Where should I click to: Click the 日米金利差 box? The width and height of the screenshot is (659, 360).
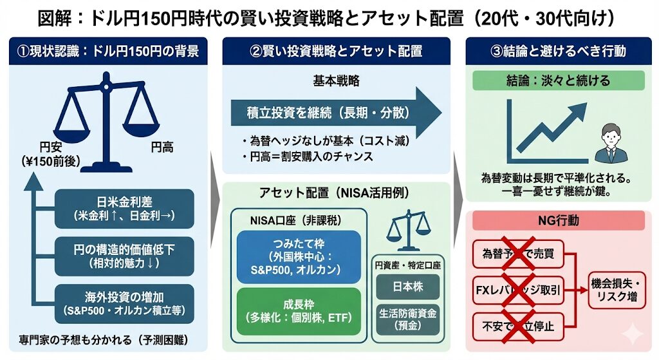125,208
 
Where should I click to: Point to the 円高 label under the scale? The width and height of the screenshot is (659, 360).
162,148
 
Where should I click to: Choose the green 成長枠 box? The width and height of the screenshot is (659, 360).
299,311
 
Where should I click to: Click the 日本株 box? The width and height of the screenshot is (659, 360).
407,286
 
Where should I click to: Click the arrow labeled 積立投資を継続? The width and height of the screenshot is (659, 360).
335,113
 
